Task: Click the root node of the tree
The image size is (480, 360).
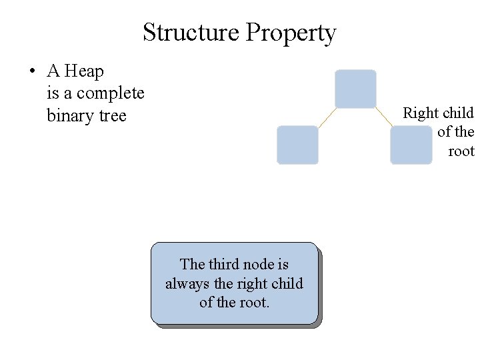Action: tap(355, 89)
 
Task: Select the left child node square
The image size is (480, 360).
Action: tap(297, 145)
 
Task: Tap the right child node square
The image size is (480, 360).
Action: tap(411, 145)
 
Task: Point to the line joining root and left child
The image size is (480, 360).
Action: tap(326, 117)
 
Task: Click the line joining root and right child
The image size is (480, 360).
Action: tap(384, 117)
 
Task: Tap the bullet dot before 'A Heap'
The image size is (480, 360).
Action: tap(31, 71)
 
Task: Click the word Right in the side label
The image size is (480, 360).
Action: tap(420, 113)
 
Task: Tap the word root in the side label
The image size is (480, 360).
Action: tap(461, 151)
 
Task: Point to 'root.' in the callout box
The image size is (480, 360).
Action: tap(254, 302)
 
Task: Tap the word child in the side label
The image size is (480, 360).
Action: tap(458, 113)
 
